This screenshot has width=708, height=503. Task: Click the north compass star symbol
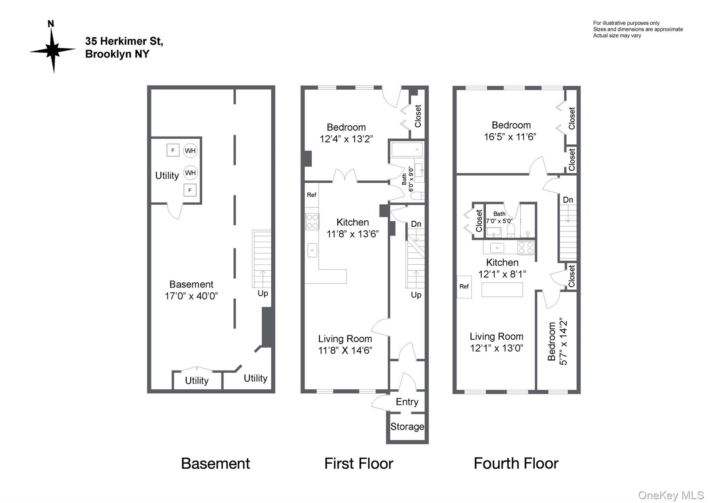[53, 50]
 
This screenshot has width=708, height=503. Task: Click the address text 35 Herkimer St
[124, 41]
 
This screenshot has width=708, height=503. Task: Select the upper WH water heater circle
[190, 151]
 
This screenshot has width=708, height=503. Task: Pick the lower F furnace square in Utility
[190, 190]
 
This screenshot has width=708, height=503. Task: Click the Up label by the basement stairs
[263, 293]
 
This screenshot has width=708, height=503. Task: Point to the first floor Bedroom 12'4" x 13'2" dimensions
[346, 139]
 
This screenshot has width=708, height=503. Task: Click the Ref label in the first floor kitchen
[312, 195]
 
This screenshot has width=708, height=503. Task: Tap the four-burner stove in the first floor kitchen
[312, 222]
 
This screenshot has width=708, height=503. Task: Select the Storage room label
[407, 427]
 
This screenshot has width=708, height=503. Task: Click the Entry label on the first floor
[407, 402]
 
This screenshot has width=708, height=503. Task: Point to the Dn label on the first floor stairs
[416, 224]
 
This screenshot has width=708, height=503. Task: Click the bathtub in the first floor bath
[407, 150]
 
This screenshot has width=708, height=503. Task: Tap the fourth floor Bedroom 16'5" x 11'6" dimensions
[510, 137]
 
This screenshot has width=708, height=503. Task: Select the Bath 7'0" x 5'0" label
[499, 217]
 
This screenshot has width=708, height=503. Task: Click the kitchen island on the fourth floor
[502, 290]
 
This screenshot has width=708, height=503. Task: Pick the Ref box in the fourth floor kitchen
[464, 287]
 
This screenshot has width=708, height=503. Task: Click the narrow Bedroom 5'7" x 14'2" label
[557, 341]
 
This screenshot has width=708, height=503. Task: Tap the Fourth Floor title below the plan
[516, 464]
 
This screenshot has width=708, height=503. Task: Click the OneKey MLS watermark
[671, 495]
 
